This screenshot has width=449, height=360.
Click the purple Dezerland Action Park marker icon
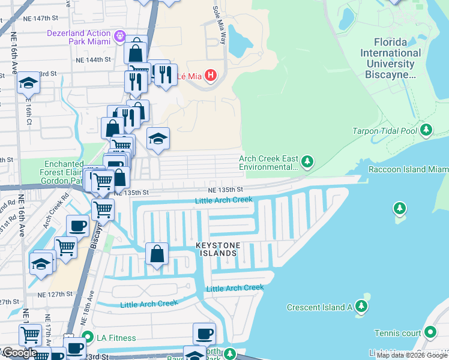(119, 37)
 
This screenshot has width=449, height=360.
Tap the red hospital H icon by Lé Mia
(210, 76)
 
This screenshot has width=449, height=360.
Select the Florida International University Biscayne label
(390, 59)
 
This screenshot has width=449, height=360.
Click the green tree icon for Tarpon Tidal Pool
(426, 130)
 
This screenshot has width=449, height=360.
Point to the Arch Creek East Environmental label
(268, 163)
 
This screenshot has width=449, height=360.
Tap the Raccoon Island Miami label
(408, 170)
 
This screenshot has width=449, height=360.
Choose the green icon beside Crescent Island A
(361, 307)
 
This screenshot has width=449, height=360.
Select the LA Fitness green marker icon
(88, 338)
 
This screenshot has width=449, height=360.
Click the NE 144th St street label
(93, 60)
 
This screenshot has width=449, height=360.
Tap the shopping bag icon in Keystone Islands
(157, 253)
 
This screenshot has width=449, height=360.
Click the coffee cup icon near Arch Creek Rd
(77, 226)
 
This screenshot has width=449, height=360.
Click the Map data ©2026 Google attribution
(412, 355)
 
